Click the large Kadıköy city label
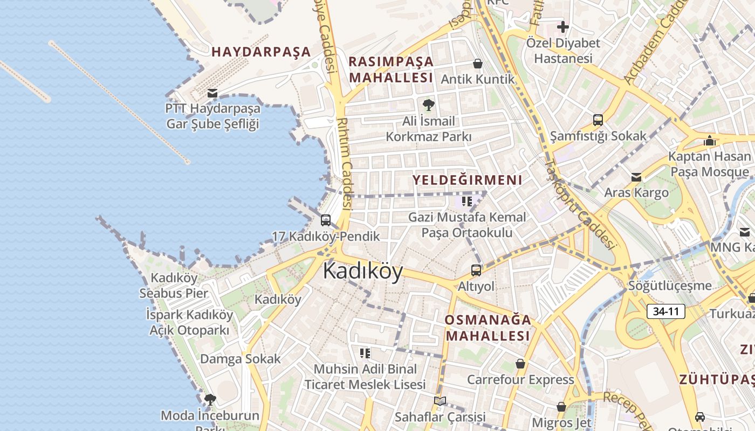click(363, 271)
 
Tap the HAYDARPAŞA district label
click(261, 52)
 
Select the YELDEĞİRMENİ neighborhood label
click(468, 180)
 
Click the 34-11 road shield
click(665, 311)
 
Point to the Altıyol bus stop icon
click(476, 270)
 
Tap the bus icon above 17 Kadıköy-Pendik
click(325, 220)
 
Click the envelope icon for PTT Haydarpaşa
click(212, 93)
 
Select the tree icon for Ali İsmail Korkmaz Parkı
click(429, 105)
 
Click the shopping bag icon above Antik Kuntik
click(477, 64)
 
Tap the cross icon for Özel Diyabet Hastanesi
click(562, 27)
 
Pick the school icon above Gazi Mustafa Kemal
click(467, 201)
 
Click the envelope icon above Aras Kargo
click(636, 177)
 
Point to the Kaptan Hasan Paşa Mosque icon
click(710, 141)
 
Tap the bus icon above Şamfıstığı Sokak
click(598, 120)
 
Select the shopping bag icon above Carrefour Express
click(520, 364)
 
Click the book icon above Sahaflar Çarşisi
click(440, 401)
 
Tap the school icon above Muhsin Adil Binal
click(365, 353)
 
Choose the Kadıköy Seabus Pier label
click(174, 286)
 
